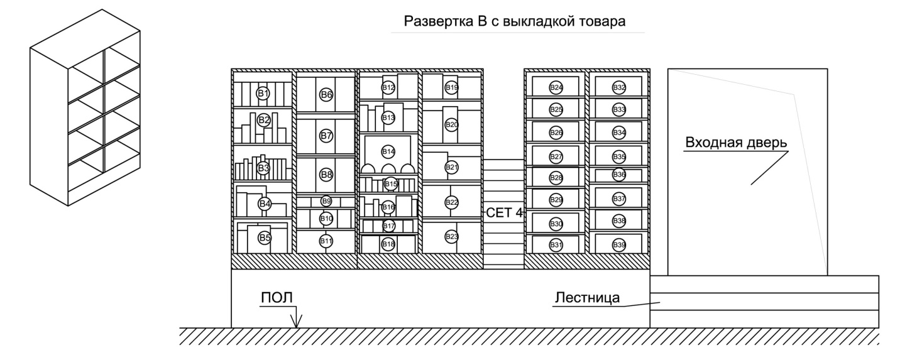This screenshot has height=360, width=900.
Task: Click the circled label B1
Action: click(x=263, y=94)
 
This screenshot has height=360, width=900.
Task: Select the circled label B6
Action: click(x=326, y=95)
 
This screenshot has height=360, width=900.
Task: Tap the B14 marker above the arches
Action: click(x=388, y=151)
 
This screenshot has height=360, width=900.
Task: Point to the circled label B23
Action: click(x=452, y=236)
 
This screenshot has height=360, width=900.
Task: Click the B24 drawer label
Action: click(x=556, y=87)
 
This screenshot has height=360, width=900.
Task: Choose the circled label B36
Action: click(x=619, y=174)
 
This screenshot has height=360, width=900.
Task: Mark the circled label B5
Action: click(x=265, y=237)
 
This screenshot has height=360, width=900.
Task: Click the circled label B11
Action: click(x=326, y=241)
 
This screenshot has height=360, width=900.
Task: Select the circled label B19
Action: click(x=452, y=87)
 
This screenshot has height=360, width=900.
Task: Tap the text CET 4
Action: click(x=504, y=213)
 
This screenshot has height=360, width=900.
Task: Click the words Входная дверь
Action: click(x=735, y=142)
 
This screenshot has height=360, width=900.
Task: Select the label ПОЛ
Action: click(x=277, y=297)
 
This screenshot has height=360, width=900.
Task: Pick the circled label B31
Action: click(x=556, y=244)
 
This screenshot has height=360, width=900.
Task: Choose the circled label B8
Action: click(x=326, y=175)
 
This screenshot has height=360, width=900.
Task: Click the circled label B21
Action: click(x=452, y=167)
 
